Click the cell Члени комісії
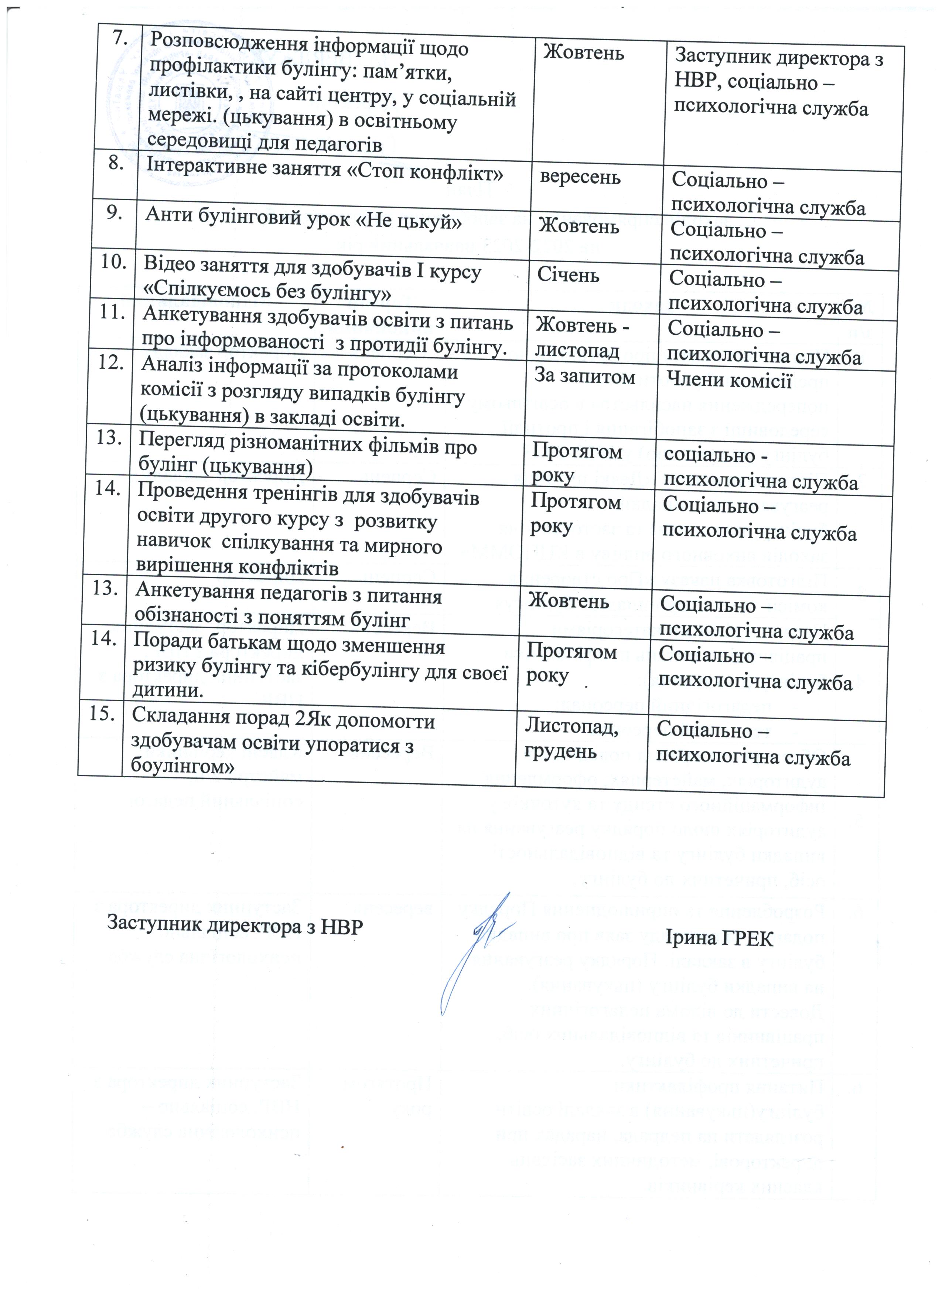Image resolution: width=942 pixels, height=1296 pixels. (x=725, y=379)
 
